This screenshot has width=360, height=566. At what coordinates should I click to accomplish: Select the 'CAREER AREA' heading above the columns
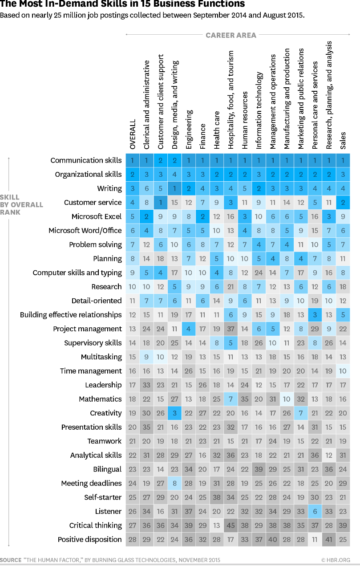pos(231,35)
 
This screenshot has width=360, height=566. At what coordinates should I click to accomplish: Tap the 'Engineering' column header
pos(189,129)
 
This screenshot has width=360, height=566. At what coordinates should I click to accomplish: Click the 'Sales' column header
pos(343,140)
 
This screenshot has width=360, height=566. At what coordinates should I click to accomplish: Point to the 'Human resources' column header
pos(245,120)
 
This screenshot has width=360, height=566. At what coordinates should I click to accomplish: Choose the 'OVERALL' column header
pos(133,134)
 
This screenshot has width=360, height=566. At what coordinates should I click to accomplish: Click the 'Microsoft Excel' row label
pos(97,216)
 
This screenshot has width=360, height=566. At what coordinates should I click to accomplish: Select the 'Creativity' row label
pos(105,413)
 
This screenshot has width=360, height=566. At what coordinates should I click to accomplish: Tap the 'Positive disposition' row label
pos(89,539)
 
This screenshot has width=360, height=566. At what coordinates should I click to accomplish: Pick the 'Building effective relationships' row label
pos(71,315)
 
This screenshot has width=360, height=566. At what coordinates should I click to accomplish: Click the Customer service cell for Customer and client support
pos(161,203)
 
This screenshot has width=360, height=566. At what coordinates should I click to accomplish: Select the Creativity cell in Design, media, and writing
pos(175,413)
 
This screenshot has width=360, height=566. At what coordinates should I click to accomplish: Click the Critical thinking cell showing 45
pos(231,525)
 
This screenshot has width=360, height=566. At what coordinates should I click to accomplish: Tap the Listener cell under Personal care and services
pos(315,511)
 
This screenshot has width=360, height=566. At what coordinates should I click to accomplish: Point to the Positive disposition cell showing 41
pos(329,539)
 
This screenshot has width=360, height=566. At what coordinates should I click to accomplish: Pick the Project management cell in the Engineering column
pos(189,329)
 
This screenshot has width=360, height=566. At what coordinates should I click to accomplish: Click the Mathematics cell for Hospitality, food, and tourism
pos(231,399)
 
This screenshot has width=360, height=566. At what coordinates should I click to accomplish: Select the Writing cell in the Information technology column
pos(259,188)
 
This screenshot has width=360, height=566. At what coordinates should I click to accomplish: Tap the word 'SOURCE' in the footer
pos(10,560)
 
